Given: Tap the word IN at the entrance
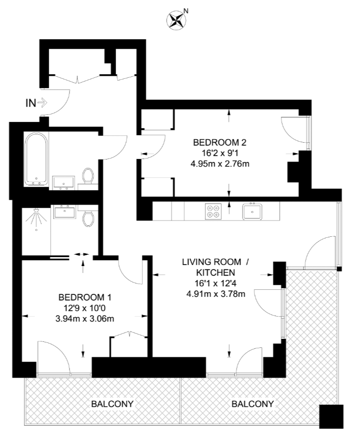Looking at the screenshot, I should click(30, 103).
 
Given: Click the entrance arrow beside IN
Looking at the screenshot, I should click(42, 103).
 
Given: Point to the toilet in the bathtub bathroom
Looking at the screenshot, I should click(88, 176).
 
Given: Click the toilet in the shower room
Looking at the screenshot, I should click(88, 217).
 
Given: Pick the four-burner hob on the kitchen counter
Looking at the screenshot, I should click(213, 212).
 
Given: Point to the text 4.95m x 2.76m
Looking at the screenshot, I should click(220, 163).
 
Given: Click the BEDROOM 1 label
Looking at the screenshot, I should click(85, 298).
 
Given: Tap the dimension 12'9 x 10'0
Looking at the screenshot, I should click(85, 308).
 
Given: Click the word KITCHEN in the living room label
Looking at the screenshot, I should click(215, 272).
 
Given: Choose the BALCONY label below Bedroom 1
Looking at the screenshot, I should click(112, 404).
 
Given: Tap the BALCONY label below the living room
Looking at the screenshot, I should click(253, 404).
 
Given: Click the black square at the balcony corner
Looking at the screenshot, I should click(331, 416).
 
